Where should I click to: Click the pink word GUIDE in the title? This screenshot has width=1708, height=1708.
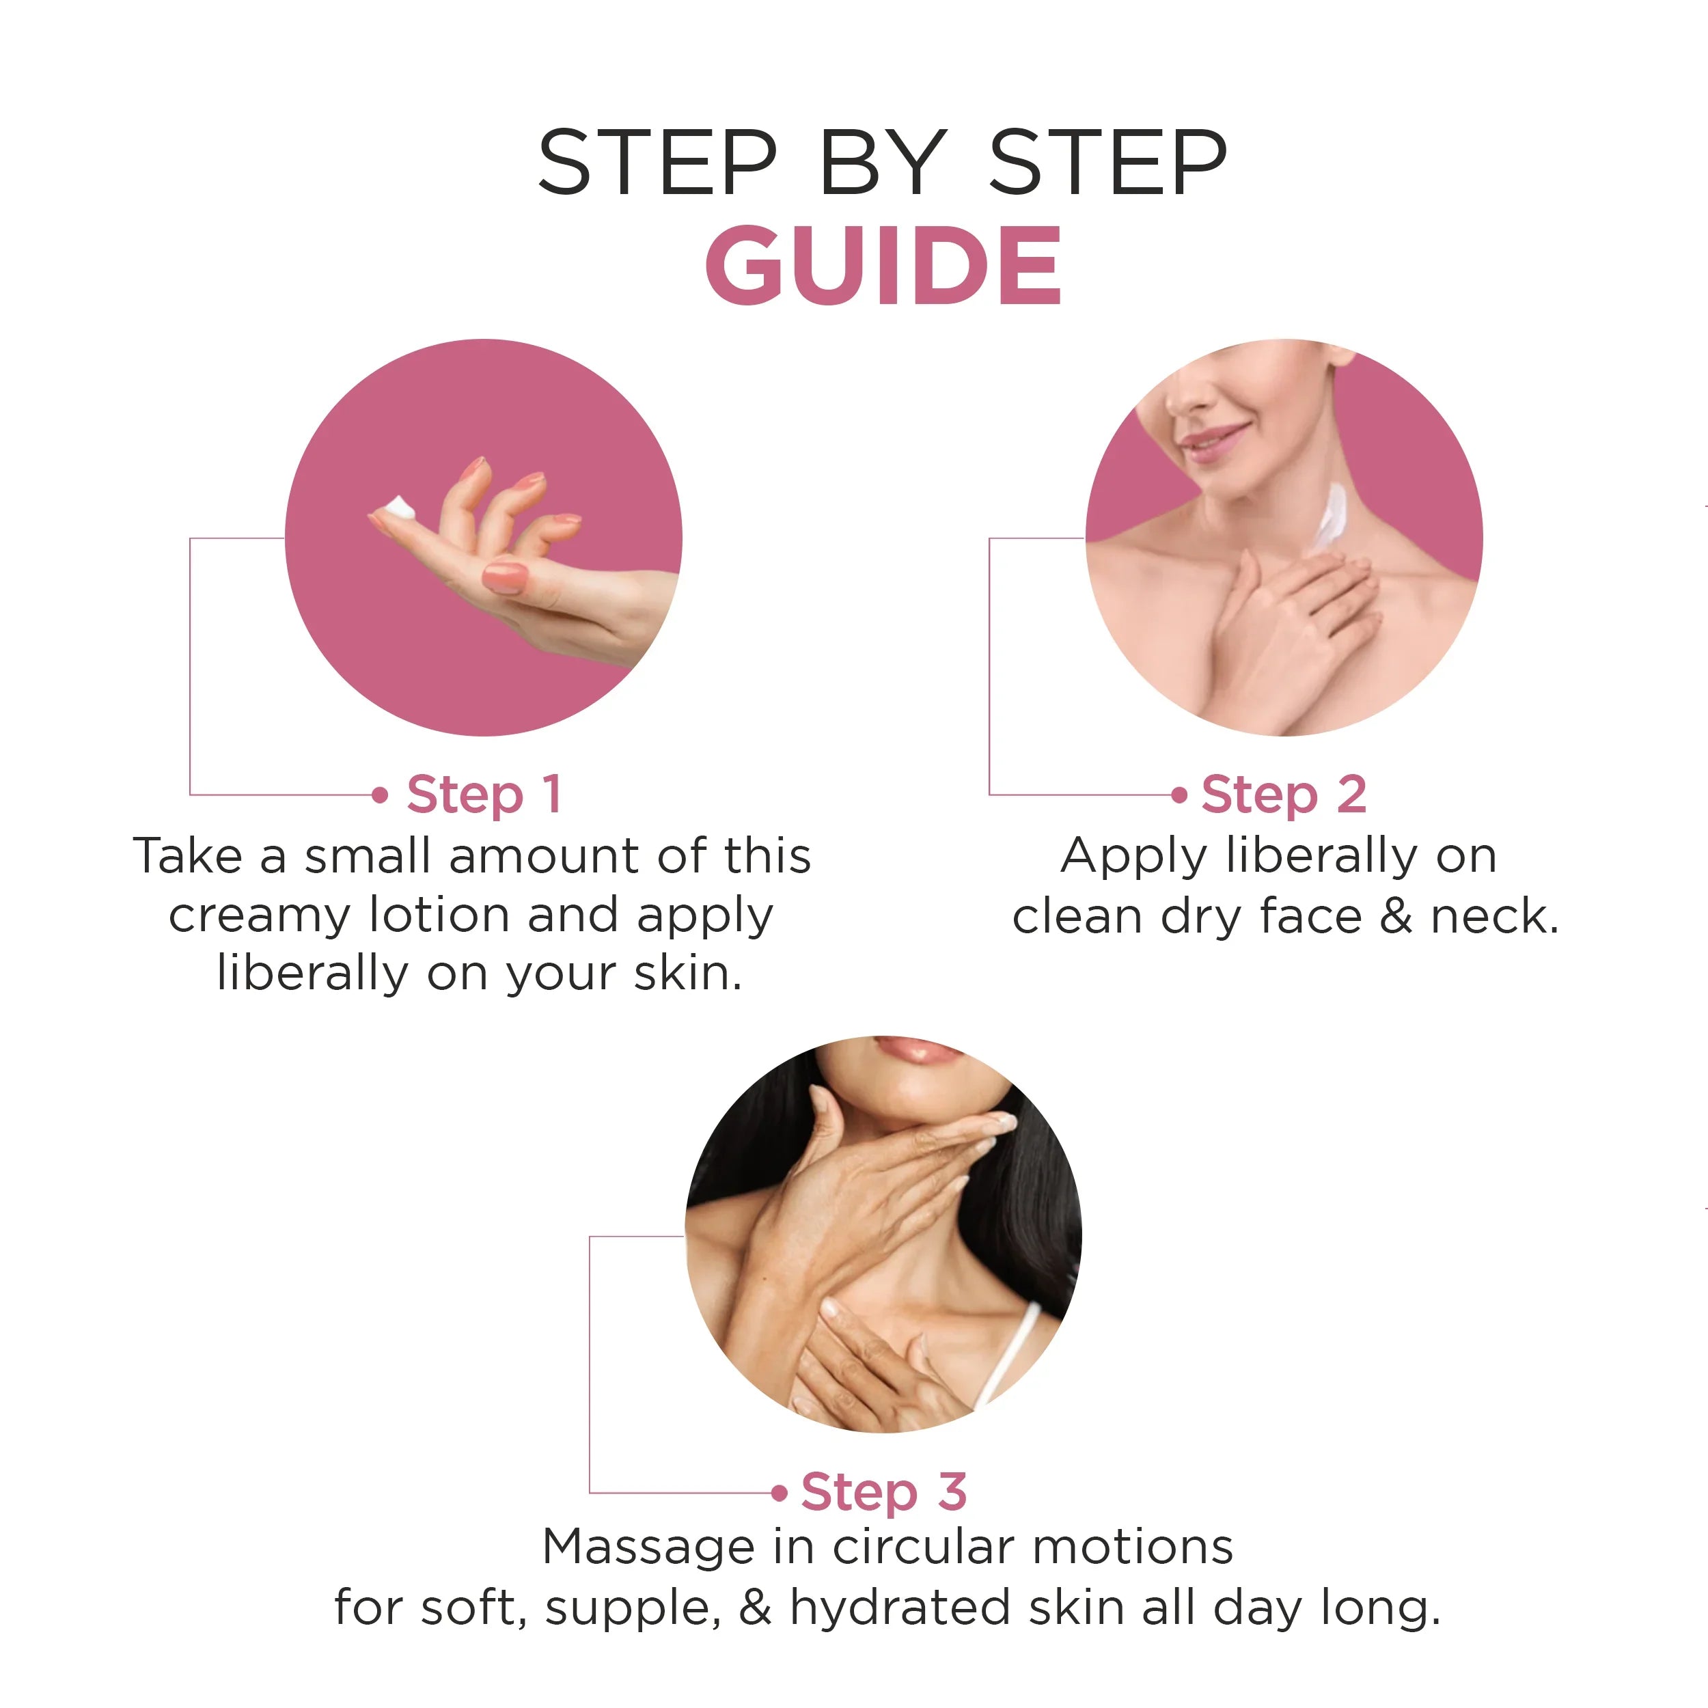pyautogui.click(x=882, y=265)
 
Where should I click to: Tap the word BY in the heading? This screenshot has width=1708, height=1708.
pyautogui.click(x=882, y=163)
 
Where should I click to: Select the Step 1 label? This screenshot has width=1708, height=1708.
pyautogui.click(x=484, y=794)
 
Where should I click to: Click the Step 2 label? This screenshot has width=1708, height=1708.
pyautogui.click(x=1284, y=794)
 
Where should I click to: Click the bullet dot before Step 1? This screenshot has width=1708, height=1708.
pyautogui.click(x=380, y=795)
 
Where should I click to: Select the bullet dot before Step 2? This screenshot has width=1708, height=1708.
pyautogui.click(x=1179, y=795)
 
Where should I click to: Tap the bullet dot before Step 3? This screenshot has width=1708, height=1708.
pyautogui.click(x=779, y=1493)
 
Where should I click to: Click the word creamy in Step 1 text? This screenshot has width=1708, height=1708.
pyautogui.click(x=260, y=916)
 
